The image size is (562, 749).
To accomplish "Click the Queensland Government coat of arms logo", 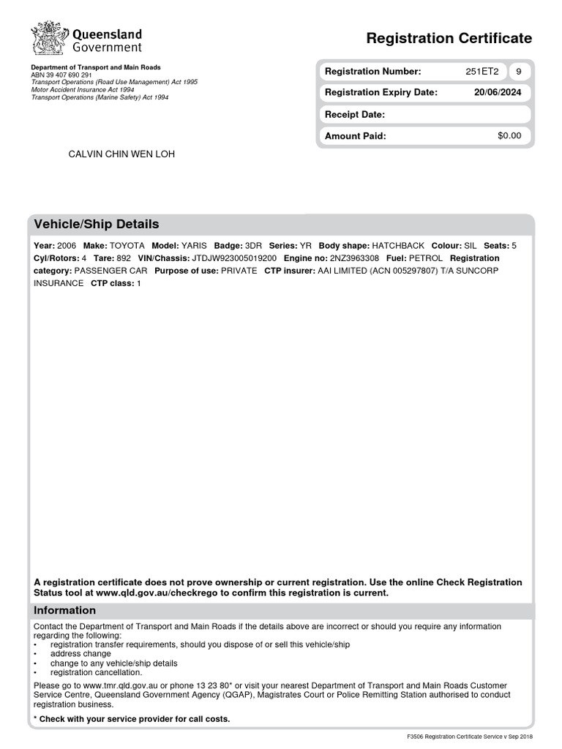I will pos(48,38).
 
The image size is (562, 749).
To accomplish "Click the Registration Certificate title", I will pos(449,38).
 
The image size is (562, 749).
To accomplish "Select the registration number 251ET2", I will pos(482,72).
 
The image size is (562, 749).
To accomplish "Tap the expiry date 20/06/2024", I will pos(498,93).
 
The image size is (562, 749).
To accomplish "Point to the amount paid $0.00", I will pos(509,136).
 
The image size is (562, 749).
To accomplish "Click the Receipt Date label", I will pos(354,115).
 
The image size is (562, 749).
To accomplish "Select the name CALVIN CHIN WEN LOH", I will pos(121,154).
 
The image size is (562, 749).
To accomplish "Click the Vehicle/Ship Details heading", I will pos(96,225).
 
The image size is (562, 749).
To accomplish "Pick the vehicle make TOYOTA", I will pos(127,246).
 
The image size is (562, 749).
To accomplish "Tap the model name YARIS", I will pos(194,246).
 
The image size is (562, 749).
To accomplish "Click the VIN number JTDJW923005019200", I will pos(234,258).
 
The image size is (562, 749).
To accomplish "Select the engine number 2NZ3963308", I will pos(354,258).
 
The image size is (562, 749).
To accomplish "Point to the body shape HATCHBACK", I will pos(398,246).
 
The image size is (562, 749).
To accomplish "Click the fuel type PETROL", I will pos(425,258).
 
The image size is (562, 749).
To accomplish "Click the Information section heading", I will pos(64,611).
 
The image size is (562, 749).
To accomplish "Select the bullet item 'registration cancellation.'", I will pos(96,672).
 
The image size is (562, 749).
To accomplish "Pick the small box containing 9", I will pos(519,72).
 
